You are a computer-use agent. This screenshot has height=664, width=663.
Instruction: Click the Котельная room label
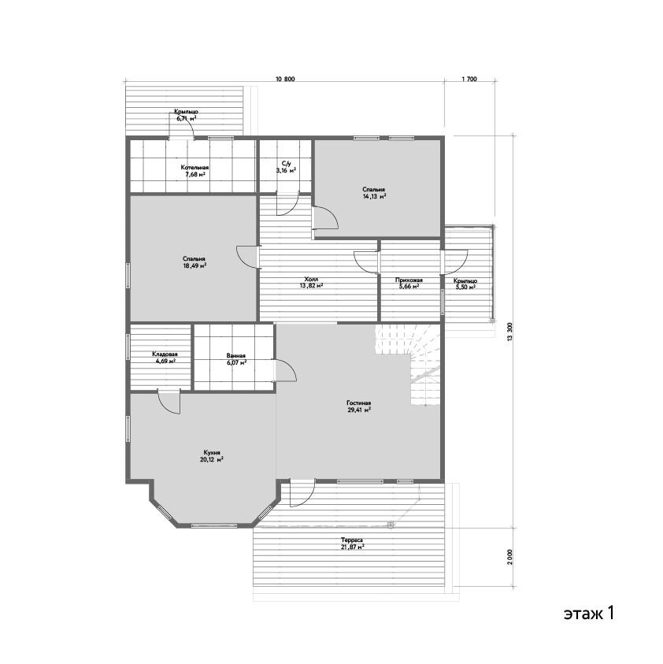coord(194,167)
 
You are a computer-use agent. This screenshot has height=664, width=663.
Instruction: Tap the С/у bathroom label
coord(287,164)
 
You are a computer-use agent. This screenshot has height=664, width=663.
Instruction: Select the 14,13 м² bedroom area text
coord(374,196)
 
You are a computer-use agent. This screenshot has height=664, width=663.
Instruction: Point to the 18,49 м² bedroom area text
coord(194,266)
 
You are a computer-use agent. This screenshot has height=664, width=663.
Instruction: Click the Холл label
coord(311,279)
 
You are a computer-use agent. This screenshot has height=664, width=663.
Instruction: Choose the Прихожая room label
coord(409,280)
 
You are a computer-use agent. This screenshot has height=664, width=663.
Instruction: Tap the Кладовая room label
coord(165,354)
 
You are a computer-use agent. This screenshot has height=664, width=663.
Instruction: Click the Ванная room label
coord(235,356)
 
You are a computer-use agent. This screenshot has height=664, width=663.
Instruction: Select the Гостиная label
coord(359,403)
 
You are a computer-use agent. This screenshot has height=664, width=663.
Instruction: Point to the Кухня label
coord(212,452)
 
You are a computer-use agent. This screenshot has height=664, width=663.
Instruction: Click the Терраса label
coord(352,540)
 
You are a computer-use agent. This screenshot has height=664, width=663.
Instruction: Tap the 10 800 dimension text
coord(285,80)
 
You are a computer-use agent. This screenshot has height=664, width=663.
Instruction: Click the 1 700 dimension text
coord(469,80)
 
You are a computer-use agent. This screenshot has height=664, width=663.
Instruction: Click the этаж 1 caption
coord(588,613)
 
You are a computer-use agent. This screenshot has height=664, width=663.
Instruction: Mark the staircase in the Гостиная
coord(409,364)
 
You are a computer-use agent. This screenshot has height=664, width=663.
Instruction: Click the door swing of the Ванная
coord(285,370)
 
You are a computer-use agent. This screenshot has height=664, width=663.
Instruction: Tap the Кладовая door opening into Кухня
coord(169,402)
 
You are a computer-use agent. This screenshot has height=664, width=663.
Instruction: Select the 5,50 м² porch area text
coord(465,287)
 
